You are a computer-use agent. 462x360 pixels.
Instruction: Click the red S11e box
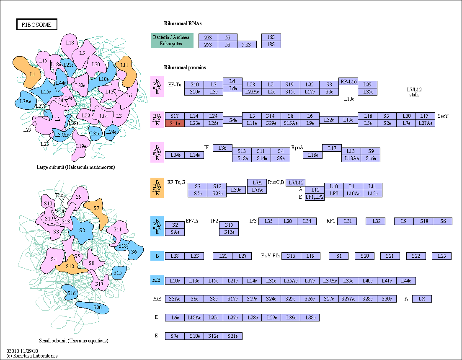pyautogui.click(x=175, y=123)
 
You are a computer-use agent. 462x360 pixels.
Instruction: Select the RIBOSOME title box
pyautogui.click(x=36, y=24)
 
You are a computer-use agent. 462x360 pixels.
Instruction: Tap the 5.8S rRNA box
pyautogui.click(x=247, y=44)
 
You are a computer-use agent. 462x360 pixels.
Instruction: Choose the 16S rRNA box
pyautogui.click(x=271, y=37)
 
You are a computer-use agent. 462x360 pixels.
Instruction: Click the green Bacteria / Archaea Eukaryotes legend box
pyautogui.click(x=172, y=40)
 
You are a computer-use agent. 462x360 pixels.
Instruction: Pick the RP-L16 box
pyautogui.click(x=348, y=81)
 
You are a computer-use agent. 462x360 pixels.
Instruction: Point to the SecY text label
pyautogui.click(x=443, y=116)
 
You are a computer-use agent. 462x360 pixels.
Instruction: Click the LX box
pyautogui.click(x=422, y=299)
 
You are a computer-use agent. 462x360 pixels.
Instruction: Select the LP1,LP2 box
pyautogui.click(x=315, y=197)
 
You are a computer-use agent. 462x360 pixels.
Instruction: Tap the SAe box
pyautogui.click(x=175, y=232)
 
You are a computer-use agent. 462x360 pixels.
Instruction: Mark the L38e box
pyautogui.click(x=310, y=318)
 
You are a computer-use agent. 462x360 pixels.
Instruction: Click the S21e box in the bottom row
pyautogui.click(x=233, y=336)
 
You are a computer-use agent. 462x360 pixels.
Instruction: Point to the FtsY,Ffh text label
pyautogui.click(x=270, y=256)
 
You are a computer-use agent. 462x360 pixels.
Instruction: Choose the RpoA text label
pyautogui.click(x=297, y=148)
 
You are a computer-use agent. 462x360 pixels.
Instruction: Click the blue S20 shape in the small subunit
pyautogui.click(x=93, y=307)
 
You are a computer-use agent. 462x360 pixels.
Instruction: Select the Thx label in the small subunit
pyautogui.click(x=59, y=195)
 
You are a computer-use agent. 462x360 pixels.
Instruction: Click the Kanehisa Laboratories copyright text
pyautogui.click(x=32, y=355)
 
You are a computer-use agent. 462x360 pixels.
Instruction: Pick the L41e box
pyautogui.click(x=387, y=281)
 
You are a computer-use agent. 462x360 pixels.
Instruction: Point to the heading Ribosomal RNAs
pyautogui.click(x=183, y=23)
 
